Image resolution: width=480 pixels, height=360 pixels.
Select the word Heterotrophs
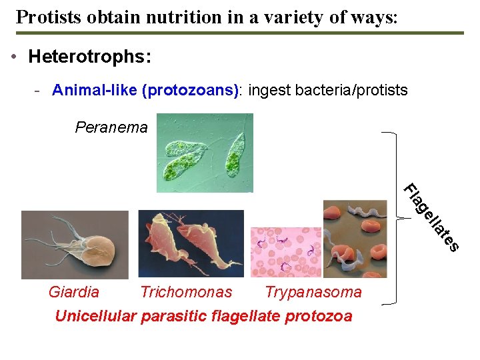(x=90, y=57)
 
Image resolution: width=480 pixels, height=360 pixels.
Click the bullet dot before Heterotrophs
(x=15, y=57)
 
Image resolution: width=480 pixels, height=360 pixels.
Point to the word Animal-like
(x=95, y=90)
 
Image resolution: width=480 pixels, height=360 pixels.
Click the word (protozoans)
(x=190, y=90)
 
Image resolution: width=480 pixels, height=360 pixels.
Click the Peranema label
(x=111, y=127)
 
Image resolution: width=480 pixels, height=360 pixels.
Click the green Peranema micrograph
(x=205, y=153)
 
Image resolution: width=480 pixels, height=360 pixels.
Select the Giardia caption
(x=74, y=292)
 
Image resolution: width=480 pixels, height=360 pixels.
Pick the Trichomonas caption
(x=186, y=292)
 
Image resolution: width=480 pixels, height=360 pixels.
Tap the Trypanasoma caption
(x=313, y=292)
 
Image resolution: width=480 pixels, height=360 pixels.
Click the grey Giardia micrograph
(x=75, y=244)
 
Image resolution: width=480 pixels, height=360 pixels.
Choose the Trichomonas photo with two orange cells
(x=191, y=243)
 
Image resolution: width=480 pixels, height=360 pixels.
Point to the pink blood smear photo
(x=285, y=252)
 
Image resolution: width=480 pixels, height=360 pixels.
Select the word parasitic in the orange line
(x=171, y=316)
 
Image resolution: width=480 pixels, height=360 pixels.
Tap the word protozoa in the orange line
(x=318, y=316)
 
